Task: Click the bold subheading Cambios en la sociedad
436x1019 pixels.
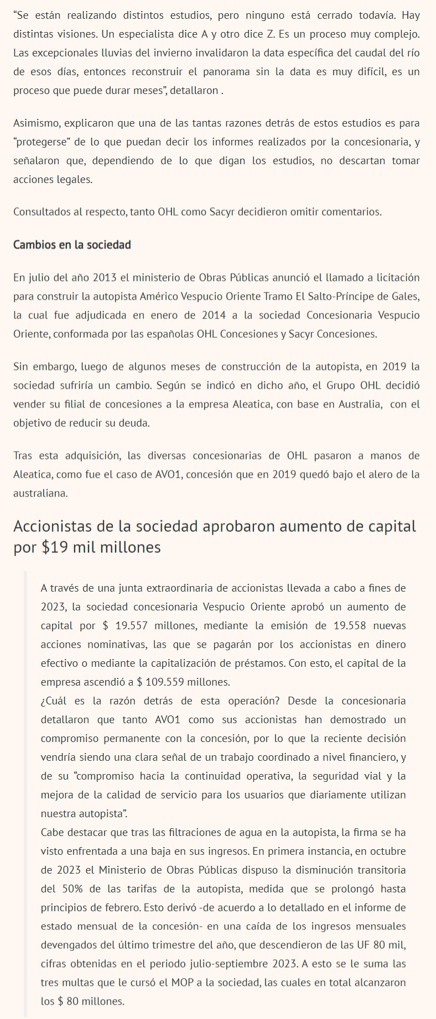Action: (72, 244)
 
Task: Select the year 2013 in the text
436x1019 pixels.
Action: (105, 277)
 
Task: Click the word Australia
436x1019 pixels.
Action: (354, 404)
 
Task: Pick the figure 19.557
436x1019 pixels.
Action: (132, 625)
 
